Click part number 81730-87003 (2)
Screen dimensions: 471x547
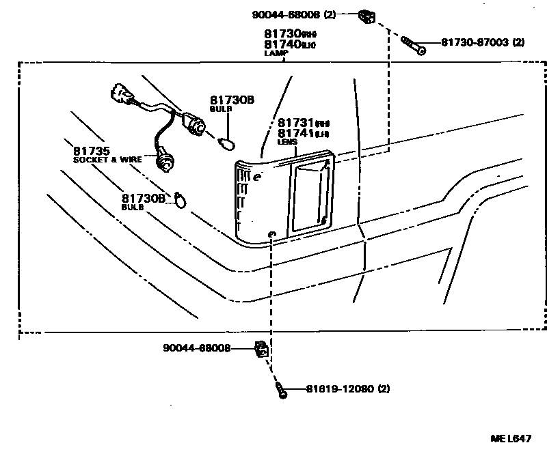click(x=482, y=42)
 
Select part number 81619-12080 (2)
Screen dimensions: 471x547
click(x=338, y=390)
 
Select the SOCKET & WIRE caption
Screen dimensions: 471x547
click(x=107, y=159)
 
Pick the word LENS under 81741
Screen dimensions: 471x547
click(x=286, y=142)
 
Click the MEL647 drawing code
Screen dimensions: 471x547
click(x=510, y=438)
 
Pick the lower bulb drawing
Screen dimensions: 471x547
click(x=180, y=199)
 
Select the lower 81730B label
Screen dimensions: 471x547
click(x=144, y=198)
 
